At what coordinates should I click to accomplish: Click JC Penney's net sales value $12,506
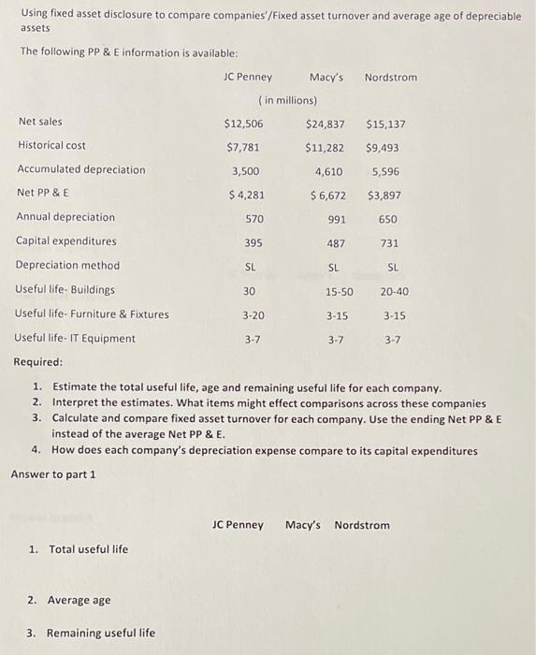tap(243, 124)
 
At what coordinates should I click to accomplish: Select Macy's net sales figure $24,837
tap(325, 124)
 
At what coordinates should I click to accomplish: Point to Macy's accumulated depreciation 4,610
tap(329, 171)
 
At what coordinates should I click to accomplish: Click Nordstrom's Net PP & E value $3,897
tap(384, 196)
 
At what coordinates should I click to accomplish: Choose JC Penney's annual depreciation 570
tap(254, 219)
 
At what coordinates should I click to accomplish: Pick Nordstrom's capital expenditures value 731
tap(388, 243)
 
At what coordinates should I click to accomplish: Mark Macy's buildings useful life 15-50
tap(339, 291)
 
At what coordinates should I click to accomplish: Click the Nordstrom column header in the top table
tap(390, 77)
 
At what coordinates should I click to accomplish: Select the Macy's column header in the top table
tap(326, 77)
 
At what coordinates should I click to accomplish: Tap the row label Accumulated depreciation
tap(81, 169)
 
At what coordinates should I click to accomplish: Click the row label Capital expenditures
tap(66, 240)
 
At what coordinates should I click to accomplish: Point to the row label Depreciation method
tap(67, 265)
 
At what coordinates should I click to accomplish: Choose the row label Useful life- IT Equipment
tap(75, 338)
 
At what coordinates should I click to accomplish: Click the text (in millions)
tap(287, 100)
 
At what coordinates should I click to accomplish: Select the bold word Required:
tap(38, 361)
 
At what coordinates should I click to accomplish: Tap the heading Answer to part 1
tap(53, 474)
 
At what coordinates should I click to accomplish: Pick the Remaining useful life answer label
tap(91, 633)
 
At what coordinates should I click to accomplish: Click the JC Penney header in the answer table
tap(238, 525)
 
